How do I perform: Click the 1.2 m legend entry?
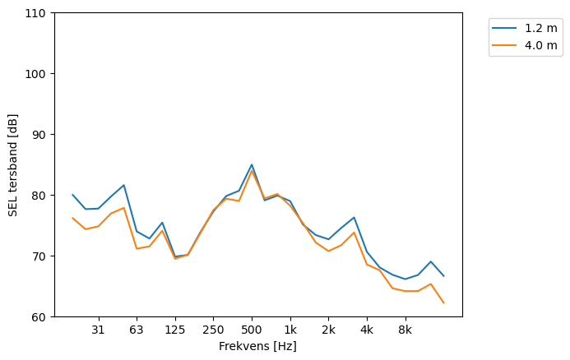(535, 28)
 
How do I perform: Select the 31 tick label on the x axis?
(98, 330)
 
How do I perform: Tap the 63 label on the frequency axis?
(137, 330)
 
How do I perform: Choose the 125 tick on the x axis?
(174, 330)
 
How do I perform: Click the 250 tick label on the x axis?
(213, 330)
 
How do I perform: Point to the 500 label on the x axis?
(252, 330)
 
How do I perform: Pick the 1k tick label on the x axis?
(290, 330)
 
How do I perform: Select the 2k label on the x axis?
(328, 330)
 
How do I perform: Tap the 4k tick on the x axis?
(367, 330)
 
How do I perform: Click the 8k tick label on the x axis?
(405, 330)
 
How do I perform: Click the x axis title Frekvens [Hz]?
(257, 346)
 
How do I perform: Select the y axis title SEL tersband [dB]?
(12, 165)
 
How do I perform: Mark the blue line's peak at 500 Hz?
(252, 164)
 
